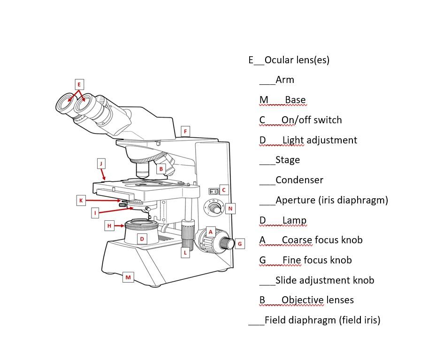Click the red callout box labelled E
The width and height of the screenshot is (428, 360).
point(79,84)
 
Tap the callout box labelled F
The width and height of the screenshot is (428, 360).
point(185,131)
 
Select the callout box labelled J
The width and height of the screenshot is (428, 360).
point(101,163)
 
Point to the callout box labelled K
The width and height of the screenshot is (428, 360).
point(81,201)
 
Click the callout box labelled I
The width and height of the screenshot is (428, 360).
point(95,213)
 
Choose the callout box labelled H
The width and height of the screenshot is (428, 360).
point(109,226)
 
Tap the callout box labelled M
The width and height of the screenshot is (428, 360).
point(128,277)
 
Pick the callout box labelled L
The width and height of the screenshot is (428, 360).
point(185,253)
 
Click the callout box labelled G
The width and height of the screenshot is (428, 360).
point(239,244)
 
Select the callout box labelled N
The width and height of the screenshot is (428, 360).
point(230,209)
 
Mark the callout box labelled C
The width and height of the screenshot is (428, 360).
point(224,190)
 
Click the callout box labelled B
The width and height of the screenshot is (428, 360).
point(161,169)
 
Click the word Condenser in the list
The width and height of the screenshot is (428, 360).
point(299,180)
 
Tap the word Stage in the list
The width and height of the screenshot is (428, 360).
point(287,160)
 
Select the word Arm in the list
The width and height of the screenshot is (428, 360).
point(285,80)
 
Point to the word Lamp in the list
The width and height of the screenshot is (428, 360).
point(294,220)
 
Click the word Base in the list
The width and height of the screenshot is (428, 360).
point(295,100)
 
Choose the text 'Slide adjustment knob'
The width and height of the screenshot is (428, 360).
point(325,280)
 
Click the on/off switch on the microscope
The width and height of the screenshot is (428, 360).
point(214,191)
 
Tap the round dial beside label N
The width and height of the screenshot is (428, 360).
point(214,208)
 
